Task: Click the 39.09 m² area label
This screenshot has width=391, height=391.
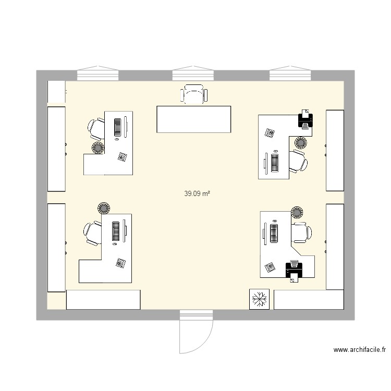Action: point(197,193)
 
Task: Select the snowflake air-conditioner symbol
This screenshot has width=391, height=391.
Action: point(259,299)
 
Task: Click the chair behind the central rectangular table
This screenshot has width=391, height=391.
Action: point(194,94)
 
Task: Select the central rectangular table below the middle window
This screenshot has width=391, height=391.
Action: point(193,119)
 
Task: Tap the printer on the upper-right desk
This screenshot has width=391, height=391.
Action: point(305,120)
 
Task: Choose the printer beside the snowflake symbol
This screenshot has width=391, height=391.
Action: point(294,271)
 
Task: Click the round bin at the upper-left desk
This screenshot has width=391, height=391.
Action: point(97,148)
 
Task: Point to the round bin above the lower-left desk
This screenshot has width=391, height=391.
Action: point(103,207)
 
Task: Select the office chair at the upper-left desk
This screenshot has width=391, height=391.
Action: point(96,128)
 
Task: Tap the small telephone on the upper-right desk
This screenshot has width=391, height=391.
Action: point(270,133)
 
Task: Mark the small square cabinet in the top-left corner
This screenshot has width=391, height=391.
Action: point(56,92)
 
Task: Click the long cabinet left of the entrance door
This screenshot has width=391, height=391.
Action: point(103,300)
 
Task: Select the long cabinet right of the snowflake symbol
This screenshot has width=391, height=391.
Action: point(308,300)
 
